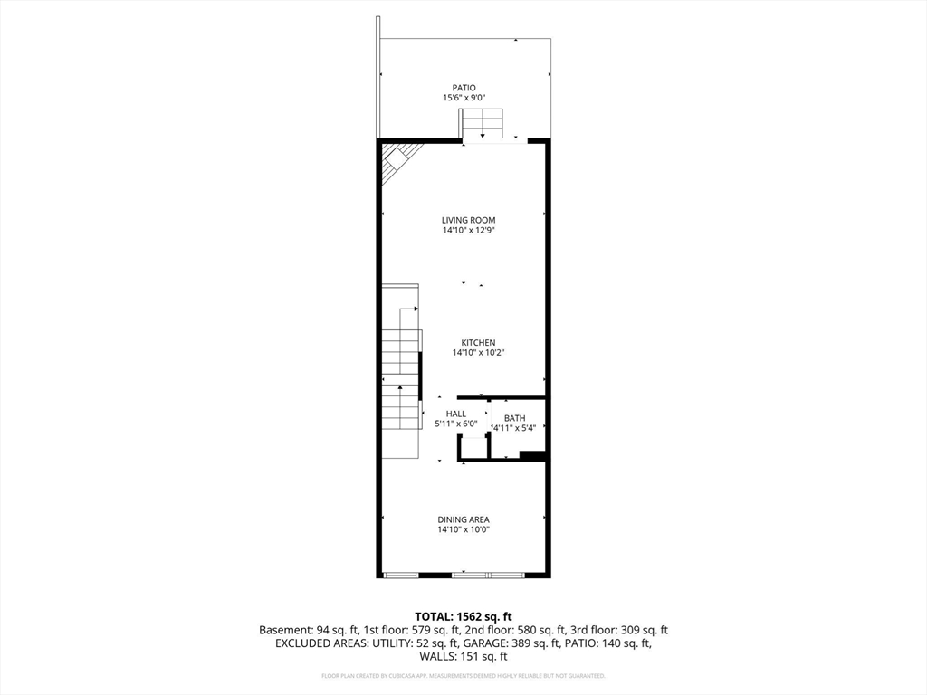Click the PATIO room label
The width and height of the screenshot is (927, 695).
click(463, 88)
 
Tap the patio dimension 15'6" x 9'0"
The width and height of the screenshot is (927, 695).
click(463, 98)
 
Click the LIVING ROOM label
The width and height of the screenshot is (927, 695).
click(468, 220)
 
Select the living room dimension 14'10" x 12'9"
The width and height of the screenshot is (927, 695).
click(468, 231)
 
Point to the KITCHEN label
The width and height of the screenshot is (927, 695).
click(478, 342)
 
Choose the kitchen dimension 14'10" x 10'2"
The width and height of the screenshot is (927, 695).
click(478, 353)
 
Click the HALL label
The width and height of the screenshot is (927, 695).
click(455, 414)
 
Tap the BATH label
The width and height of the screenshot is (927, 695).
click(514, 418)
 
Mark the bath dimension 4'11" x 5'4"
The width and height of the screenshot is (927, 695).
click(514, 428)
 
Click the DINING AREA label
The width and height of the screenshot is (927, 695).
click(463, 519)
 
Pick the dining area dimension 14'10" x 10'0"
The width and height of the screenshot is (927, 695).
click(463, 530)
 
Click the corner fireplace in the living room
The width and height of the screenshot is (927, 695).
click(395, 163)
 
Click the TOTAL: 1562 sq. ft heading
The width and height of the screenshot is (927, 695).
click(463, 616)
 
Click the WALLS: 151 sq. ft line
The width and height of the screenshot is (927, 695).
click(463, 657)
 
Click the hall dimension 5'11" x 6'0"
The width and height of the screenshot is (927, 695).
click(455, 424)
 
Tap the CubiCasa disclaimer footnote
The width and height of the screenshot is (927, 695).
click(463, 676)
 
